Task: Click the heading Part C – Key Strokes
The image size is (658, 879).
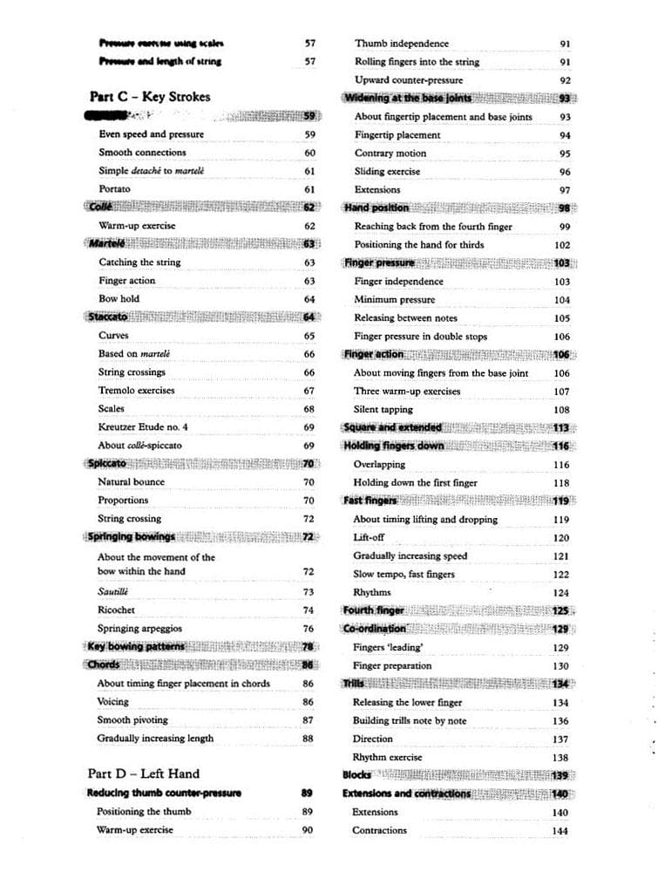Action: pyautogui.click(x=149, y=97)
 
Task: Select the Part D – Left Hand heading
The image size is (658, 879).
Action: pyautogui.click(x=143, y=773)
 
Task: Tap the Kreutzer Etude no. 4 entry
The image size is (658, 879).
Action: pyautogui.click(x=143, y=427)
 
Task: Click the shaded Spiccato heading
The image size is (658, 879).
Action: pyautogui.click(x=106, y=463)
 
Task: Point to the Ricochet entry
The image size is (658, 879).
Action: pyautogui.click(x=116, y=610)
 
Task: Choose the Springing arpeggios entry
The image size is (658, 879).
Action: pyautogui.click(x=139, y=628)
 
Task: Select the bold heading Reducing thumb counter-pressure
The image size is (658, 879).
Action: pyautogui.click(x=164, y=793)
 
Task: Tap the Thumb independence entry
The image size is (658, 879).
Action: pyautogui.click(x=402, y=44)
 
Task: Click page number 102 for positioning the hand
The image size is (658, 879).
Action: pyautogui.click(x=562, y=246)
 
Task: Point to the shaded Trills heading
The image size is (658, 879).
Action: pyautogui.click(x=354, y=684)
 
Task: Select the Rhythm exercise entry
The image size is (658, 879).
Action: pyautogui.click(x=387, y=757)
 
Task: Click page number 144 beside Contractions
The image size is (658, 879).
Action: pyautogui.click(x=560, y=831)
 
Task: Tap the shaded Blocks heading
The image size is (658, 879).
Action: pyautogui.click(x=356, y=774)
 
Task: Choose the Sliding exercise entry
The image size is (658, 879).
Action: pyautogui.click(x=387, y=172)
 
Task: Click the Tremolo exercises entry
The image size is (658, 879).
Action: pyautogui.click(x=136, y=391)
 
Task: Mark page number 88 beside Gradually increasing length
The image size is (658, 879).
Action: pyautogui.click(x=308, y=739)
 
